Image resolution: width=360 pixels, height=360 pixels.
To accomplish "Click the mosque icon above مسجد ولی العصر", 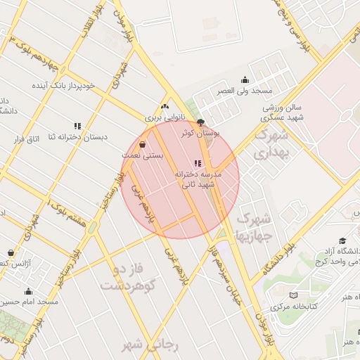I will pyautogui.click(x=245, y=80).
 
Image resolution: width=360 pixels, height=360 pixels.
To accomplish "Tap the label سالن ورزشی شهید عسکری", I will pyautogui.click(x=283, y=112).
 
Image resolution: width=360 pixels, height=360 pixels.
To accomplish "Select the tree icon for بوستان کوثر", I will pyautogui.click(x=200, y=122).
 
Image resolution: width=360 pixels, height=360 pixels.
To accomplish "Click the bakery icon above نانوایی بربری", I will pyautogui.click(x=165, y=107).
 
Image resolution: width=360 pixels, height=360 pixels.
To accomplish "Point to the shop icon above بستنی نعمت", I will pyautogui.click(x=143, y=144).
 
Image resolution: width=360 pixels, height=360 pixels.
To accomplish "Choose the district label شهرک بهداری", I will pyautogui.click(x=271, y=143).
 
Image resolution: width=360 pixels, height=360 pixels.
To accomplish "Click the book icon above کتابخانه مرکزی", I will pyautogui.click(x=294, y=295).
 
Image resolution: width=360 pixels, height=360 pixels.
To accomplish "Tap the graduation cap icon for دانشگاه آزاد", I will pyautogui.click(x=342, y=240).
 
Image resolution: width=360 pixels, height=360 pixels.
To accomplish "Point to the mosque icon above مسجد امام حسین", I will pyautogui.click(x=29, y=292).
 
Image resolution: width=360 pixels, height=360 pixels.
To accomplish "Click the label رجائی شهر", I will pyautogui.click(x=150, y=345).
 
